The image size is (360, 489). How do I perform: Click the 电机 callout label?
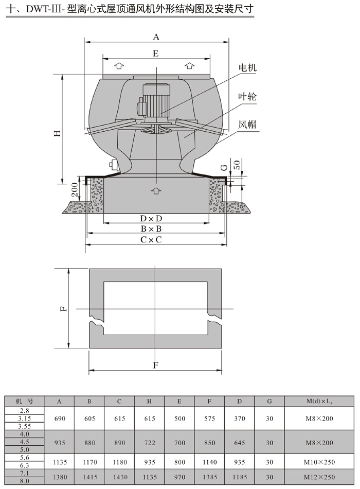click(247, 67)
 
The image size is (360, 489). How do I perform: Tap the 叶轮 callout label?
click(247, 96)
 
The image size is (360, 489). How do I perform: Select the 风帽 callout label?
click(247, 125)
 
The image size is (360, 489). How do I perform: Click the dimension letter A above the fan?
click(156, 37)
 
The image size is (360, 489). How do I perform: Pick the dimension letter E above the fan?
click(156, 54)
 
